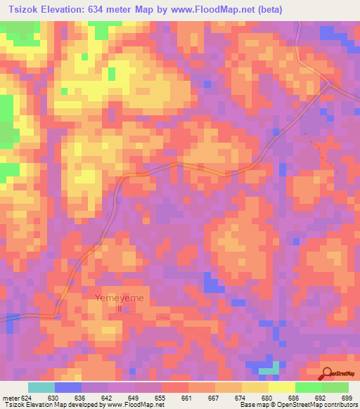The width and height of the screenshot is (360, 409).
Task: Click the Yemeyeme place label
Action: tap(119, 298)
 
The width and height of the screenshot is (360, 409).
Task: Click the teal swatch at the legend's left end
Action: tap(41, 387)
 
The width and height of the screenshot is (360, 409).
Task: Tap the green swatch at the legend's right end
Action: tap(335, 387)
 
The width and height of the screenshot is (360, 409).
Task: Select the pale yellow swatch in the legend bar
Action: tap(281, 387)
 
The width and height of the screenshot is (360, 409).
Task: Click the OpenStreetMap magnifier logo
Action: tap(327, 373)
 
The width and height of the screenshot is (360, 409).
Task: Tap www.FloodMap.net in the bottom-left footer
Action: tap(134, 405)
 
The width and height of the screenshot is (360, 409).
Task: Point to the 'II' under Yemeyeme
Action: tap(119, 308)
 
